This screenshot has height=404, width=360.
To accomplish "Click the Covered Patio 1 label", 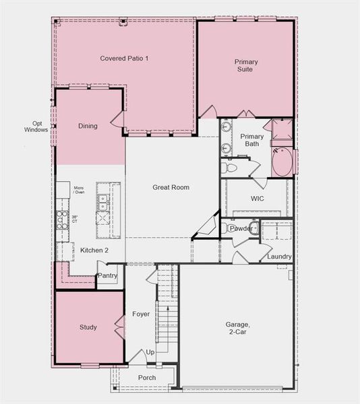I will [124, 59].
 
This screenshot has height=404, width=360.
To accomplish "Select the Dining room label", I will [88, 126].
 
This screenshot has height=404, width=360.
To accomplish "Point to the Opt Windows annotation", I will [36, 127].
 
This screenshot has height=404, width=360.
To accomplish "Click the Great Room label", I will [171, 187].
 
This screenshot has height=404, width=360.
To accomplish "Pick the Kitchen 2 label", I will [94, 250].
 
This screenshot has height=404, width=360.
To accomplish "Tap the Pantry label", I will [108, 275].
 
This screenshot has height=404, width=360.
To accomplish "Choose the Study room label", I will [88, 327].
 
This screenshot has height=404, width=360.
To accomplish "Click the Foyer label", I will [141, 314].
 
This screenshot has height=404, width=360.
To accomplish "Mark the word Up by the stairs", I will [150, 352].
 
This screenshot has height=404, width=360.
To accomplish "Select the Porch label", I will [147, 378].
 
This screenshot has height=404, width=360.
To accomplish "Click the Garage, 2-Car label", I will [237, 328].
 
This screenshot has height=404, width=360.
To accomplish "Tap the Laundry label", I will [279, 257].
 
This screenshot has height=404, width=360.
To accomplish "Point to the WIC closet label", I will [257, 199].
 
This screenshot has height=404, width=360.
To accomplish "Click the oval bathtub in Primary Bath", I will [282, 162].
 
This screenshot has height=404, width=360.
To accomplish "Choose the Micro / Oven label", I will [79, 190].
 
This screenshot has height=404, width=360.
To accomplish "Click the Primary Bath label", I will [251, 139].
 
